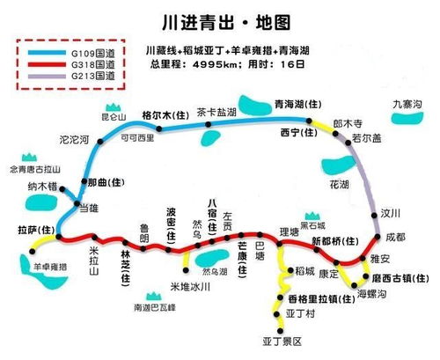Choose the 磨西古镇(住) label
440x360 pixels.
click(397, 277)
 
